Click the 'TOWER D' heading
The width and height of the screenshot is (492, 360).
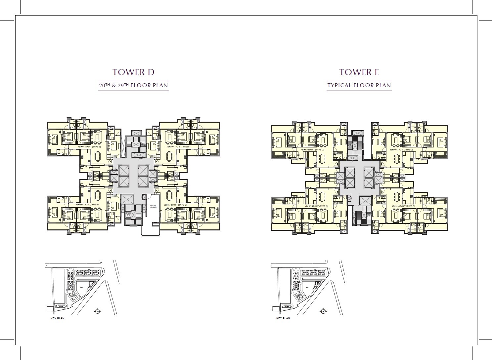(x=133, y=72)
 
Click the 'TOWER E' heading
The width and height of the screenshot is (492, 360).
(x=359, y=72)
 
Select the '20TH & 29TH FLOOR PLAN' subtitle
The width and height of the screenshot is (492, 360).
(x=133, y=86)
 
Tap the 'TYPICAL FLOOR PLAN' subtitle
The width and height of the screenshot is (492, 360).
(x=359, y=86)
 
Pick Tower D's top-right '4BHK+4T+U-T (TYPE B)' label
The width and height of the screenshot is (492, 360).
(x=178, y=146)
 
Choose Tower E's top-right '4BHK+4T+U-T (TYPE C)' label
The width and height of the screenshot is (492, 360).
(x=401, y=150)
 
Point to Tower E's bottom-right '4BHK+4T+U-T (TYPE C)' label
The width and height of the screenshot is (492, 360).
(x=402, y=206)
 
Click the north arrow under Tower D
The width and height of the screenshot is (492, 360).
(x=98, y=311)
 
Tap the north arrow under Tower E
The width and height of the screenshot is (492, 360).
(x=323, y=311)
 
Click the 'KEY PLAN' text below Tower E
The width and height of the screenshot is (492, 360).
(x=283, y=318)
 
